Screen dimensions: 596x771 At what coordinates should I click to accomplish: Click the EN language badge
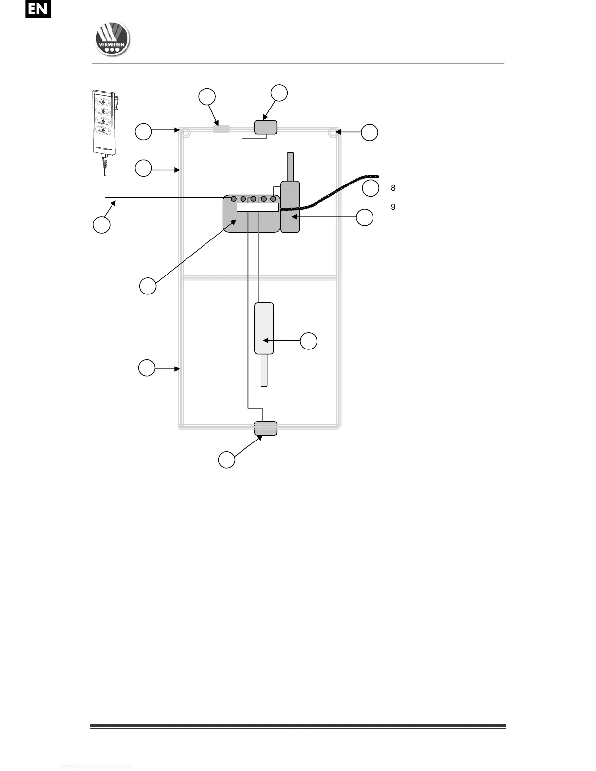pos(38,9)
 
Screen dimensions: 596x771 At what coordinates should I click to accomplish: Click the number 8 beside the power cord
pos(393,188)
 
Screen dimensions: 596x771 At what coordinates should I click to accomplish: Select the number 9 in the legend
pos(393,207)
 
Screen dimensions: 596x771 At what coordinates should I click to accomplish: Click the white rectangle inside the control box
pos(257,207)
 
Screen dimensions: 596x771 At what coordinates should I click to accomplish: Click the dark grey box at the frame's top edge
pos(266,128)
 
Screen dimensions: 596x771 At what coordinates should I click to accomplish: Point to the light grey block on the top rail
pos(222,129)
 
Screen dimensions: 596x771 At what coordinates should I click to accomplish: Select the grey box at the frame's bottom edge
pos(266,428)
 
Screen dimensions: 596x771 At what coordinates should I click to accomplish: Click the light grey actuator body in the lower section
pos(264,328)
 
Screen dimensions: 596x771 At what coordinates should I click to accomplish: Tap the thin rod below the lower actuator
pos(264,370)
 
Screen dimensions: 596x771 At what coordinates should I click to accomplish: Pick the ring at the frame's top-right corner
pos(333,132)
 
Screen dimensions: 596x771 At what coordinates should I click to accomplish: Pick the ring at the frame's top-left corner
pos(185,132)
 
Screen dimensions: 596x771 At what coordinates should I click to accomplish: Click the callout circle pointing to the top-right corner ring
pos(370,132)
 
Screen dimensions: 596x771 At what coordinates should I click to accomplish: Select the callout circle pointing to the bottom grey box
pos(226,460)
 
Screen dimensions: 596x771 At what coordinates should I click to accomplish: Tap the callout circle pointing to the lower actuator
pos(308,341)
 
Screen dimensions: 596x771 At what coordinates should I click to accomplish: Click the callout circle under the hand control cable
pos(101,225)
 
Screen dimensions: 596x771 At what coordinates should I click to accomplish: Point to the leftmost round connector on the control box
pos(234,199)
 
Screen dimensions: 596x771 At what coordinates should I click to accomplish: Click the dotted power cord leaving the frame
pos(341,187)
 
